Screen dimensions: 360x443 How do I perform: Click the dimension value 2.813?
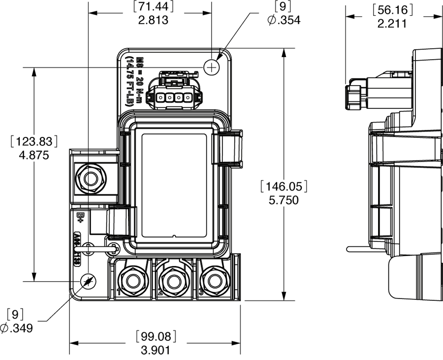(x=153, y=20)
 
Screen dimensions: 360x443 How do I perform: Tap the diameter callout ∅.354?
(x=284, y=20)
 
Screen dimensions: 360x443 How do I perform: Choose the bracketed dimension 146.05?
(x=285, y=187)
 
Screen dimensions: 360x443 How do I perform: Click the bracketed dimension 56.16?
(x=392, y=9)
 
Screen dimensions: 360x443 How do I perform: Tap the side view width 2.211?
(x=392, y=23)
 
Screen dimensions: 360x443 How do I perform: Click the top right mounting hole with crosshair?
(x=212, y=67)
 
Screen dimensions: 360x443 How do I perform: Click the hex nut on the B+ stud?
(x=91, y=178)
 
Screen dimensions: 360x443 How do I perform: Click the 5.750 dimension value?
(x=285, y=201)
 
